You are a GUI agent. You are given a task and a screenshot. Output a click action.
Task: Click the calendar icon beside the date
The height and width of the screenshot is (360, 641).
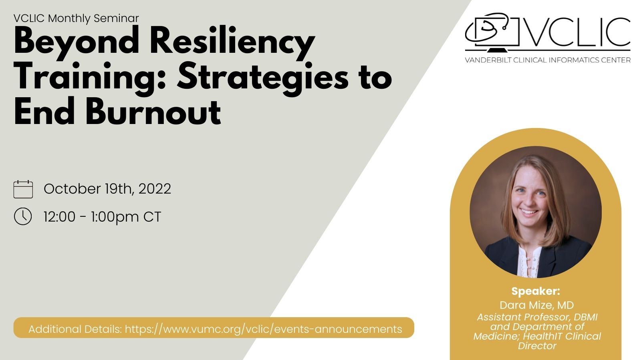(23, 189)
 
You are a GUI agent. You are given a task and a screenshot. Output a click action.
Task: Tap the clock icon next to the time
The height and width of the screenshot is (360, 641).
(23, 216)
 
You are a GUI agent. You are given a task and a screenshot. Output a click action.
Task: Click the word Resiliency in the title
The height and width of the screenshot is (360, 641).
(232, 42)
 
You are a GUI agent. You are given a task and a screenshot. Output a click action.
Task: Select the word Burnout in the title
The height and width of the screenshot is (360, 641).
(153, 112)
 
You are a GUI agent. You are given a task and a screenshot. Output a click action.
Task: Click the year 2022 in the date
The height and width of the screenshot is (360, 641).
(155, 189)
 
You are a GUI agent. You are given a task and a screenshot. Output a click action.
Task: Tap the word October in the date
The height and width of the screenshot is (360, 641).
(72, 189)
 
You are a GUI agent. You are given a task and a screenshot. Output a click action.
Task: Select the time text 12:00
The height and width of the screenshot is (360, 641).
(60, 216)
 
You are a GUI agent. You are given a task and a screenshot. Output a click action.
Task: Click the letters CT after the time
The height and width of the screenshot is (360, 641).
(152, 216)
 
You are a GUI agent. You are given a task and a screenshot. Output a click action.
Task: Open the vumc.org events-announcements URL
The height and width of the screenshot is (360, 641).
(264, 329)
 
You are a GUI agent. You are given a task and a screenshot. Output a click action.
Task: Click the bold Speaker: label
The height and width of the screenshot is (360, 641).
(536, 291)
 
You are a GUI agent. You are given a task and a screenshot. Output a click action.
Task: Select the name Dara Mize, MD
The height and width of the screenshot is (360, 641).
(536, 305)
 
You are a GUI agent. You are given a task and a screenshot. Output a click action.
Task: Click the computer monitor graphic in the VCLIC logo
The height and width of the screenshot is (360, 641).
(493, 33)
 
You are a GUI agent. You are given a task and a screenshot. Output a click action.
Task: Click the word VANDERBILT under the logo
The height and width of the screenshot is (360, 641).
(488, 60)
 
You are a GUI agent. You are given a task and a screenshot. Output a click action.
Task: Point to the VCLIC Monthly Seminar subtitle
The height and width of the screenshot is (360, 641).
(76, 18)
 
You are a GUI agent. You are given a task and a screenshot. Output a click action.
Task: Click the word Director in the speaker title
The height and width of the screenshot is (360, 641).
(537, 346)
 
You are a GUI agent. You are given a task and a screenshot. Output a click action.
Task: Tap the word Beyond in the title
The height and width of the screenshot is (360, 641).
(77, 42)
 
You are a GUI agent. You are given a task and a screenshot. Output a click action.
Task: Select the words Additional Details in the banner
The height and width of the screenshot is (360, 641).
(75, 329)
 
